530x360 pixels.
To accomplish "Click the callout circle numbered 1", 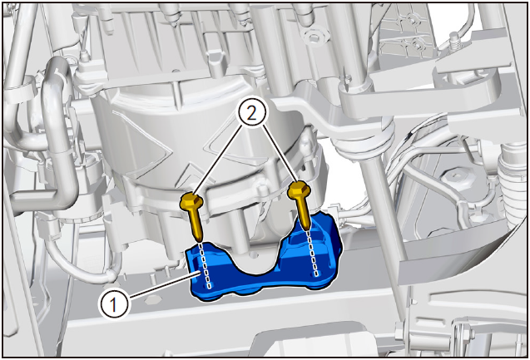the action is pos(114,304).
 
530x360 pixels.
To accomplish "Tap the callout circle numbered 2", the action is pos(251,114).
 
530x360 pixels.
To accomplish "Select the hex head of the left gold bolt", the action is pos(191,201).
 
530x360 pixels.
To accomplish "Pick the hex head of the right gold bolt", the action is pos(300,190).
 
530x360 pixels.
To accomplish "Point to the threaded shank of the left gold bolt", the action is pos(196,225).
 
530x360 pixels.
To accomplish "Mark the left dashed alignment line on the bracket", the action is pos(206,265).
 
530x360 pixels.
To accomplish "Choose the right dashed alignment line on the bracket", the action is pos(312,254).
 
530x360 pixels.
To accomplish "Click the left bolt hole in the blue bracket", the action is pos(211,286).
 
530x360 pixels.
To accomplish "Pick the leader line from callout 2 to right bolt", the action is pos(280,155).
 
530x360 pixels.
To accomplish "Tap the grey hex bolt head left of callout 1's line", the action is pos(153,299).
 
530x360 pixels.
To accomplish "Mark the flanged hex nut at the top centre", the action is pos(312,36).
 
